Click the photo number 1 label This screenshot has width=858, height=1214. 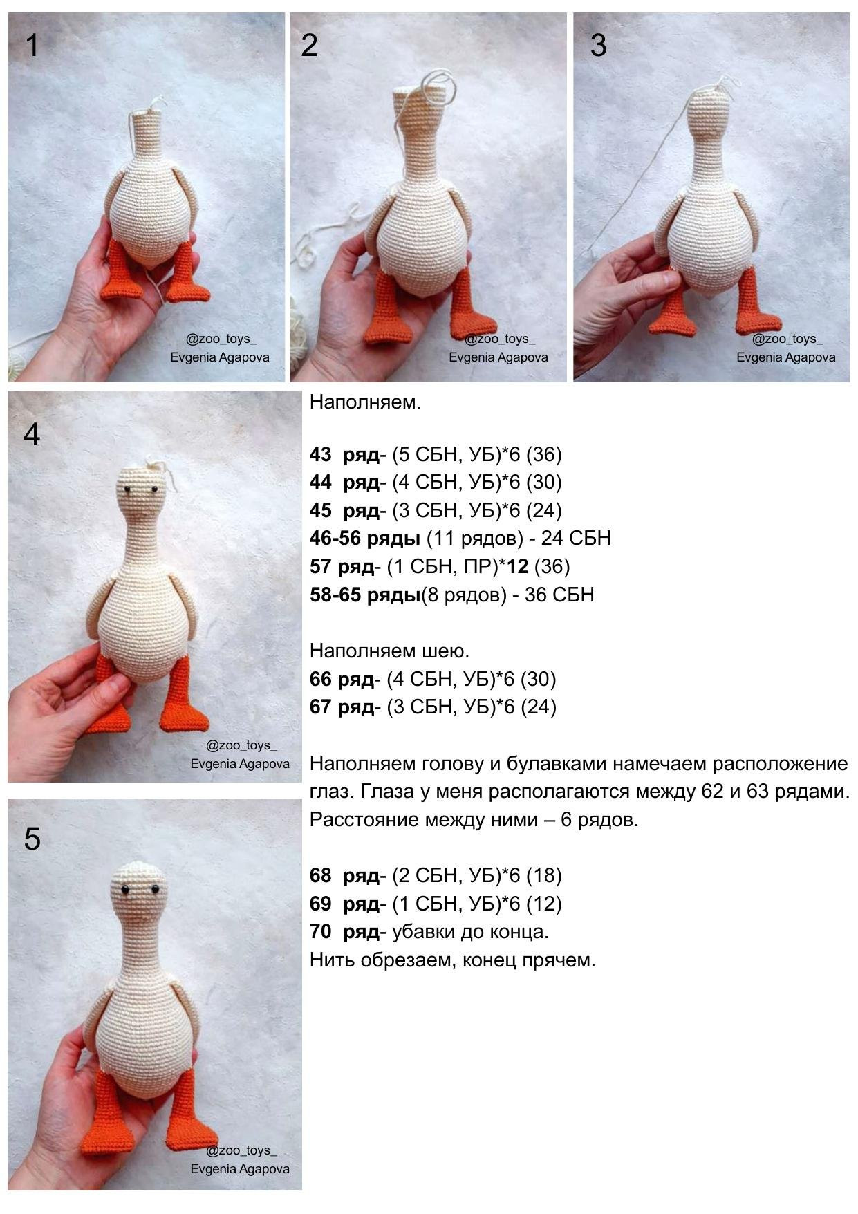[x=32, y=46]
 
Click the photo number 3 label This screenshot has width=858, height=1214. [x=598, y=46]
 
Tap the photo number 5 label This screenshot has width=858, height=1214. [x=32, y=839]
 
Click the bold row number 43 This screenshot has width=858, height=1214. [x=320, y=454]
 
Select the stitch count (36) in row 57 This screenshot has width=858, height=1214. [x=552, y=566]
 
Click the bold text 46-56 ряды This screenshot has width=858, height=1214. [x=364, y=538]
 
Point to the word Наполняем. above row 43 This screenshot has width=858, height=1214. [x=364, y=402]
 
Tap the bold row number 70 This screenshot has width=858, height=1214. [x=320, y=931]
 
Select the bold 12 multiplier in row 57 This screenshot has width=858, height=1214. [x=517, y=566]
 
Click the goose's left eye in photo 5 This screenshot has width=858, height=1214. [x=125, y=889]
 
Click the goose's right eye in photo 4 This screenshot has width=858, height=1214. [x=153, y=489]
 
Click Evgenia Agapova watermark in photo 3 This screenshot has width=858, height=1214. [x=785, y=357]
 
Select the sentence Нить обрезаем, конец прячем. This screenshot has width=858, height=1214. [x=452, y=960]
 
